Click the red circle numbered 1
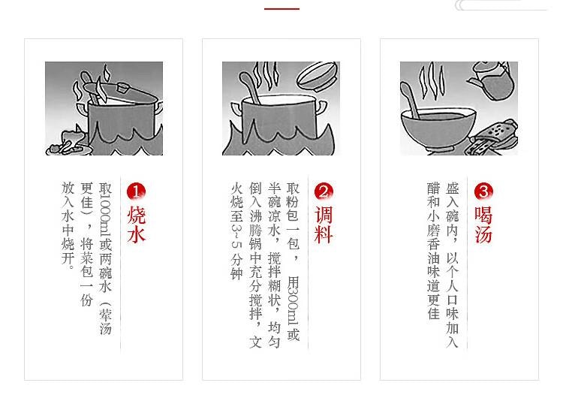point(136,191)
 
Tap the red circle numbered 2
point(323,191)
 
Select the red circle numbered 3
point(483,191)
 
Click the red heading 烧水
point(136,225)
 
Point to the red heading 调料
point(323,225)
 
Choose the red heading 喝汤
point(483,225)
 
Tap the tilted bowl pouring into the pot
point(317,76)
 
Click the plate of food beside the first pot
point(66,142)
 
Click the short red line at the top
point(281,8)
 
